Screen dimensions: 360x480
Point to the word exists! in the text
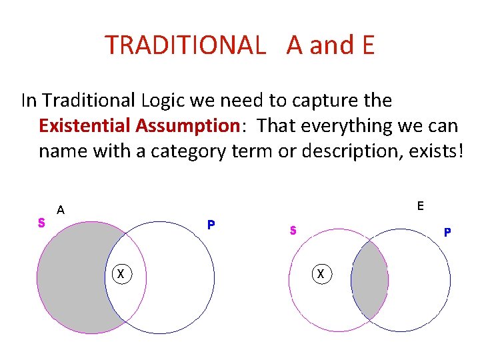430,151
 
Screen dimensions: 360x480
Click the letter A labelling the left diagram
61,210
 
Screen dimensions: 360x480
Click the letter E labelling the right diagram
420,205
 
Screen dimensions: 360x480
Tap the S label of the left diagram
41,223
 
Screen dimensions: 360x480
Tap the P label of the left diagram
211,225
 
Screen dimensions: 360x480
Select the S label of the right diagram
293,231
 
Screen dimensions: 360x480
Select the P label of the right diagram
447,233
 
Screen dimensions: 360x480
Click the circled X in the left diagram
121,273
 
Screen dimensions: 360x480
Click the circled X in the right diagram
321,273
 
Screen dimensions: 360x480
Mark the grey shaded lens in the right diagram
370,280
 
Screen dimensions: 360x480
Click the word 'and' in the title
327,45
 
